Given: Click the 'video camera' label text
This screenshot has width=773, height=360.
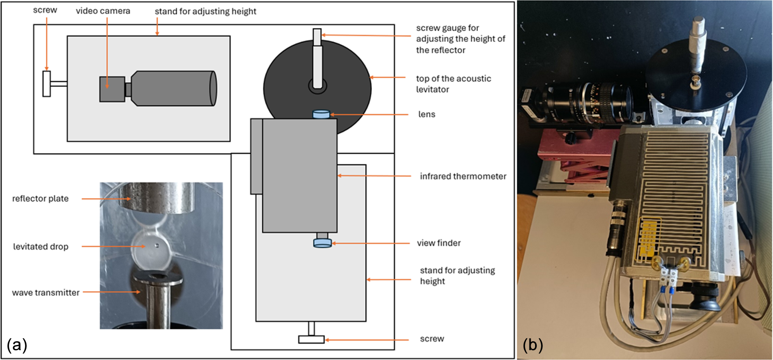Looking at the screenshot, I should click(x=103, y=11).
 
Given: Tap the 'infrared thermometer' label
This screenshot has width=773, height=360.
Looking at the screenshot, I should click(x=463, y=176).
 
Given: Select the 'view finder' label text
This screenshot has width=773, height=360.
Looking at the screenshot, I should click(x=438, y=243).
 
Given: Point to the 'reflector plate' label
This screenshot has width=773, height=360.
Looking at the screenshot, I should click(x=40, y=198).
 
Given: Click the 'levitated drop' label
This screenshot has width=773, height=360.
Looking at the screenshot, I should click(x=41, y=246).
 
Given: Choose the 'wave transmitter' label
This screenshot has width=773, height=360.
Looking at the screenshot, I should click(x=45, y=293).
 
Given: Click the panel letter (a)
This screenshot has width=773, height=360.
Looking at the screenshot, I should click(x=17, y=345).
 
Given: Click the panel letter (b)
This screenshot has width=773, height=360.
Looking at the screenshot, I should click(x=533, y=345).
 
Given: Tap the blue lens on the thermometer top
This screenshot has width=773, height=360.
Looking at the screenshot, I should click(x=321, y=114).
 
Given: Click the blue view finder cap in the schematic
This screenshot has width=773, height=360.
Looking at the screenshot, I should click(x=322, y=243).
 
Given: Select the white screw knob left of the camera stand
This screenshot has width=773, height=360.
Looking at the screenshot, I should click(x=47, y=84).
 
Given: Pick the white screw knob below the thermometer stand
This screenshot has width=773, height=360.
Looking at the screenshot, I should click(x=311, y=339).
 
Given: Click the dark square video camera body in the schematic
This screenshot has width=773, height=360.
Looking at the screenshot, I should click(x=112, y=89).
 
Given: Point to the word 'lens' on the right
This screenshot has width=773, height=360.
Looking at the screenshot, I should click(x=427, y=114).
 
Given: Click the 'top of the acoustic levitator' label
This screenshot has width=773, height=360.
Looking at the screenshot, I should click(x=453, y=84).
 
